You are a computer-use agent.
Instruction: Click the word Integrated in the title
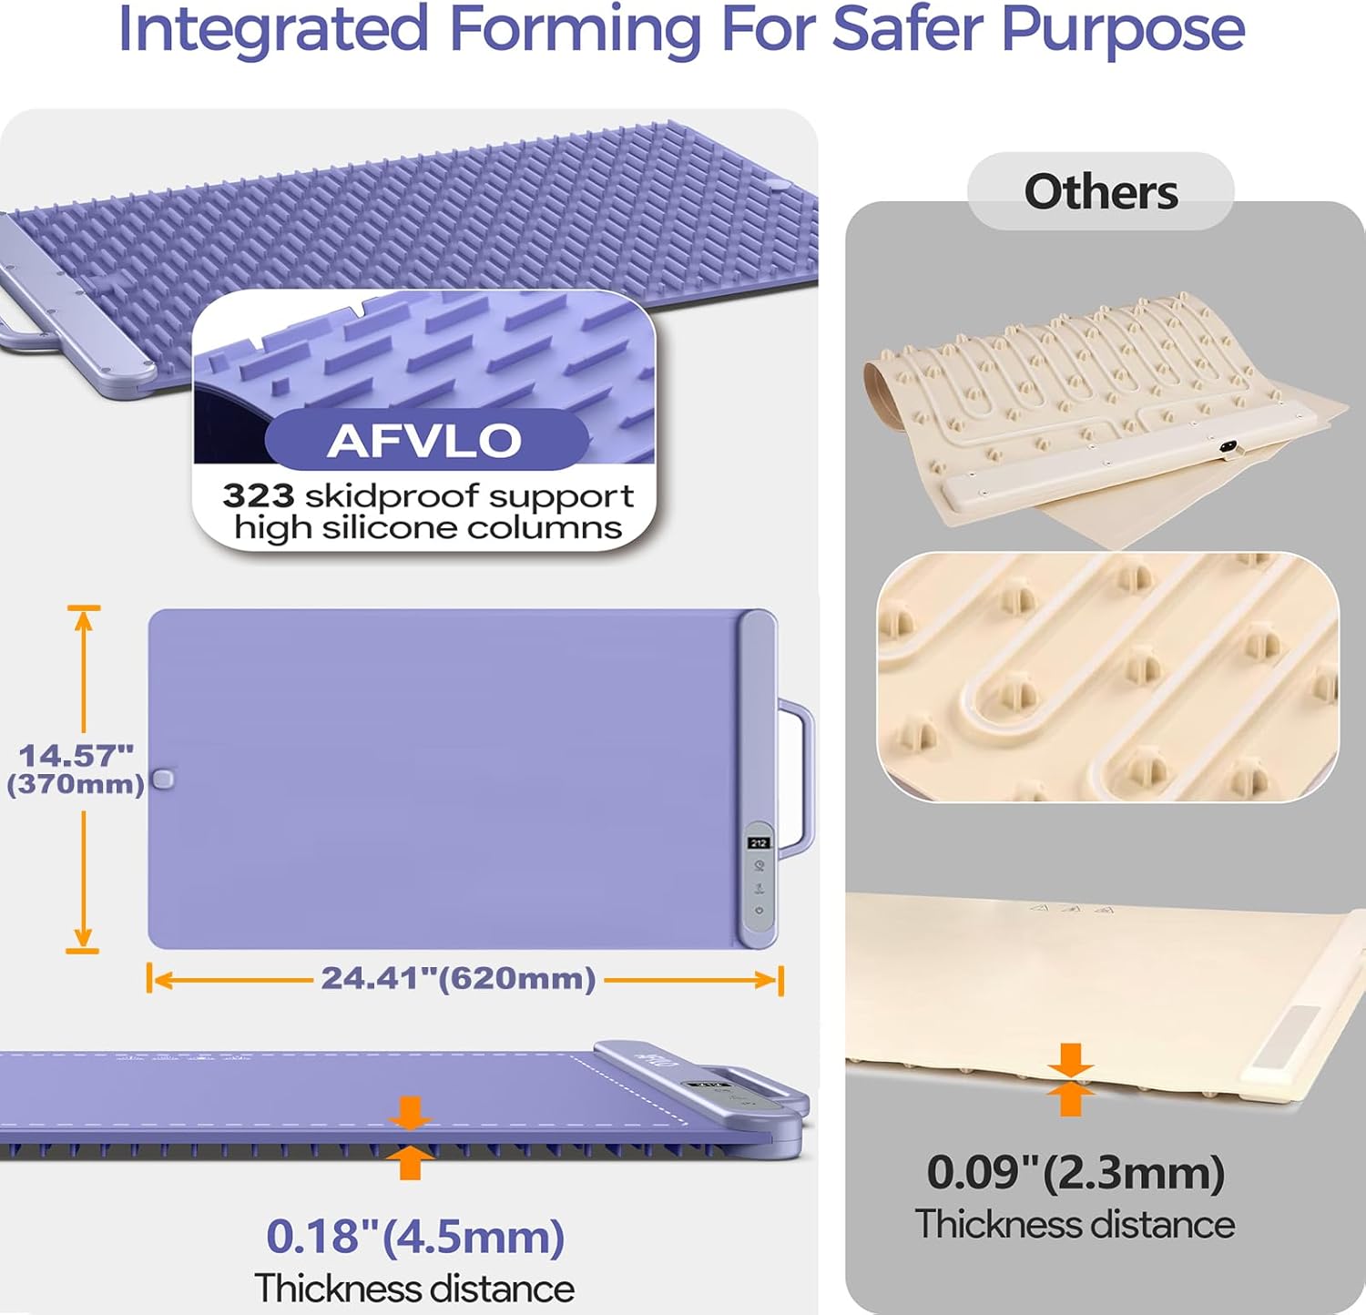[x=273, y=29]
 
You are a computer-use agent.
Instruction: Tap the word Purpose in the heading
[x=1123, y=29]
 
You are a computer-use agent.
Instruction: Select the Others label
[x=1101, y=192]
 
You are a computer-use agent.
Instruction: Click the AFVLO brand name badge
[x=425, y=440]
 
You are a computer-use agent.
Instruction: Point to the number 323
[x=259, y=495]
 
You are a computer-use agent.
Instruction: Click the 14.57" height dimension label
[x=76, y=755]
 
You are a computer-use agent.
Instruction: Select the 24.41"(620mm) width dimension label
[x=458, y=978]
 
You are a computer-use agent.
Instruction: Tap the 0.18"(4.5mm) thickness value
[x=415, y=1237]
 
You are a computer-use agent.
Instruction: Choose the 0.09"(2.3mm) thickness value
[x=1075, y=1172]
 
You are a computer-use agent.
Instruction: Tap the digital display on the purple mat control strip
[x=759, y=843]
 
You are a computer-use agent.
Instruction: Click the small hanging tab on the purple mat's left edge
[x=163, y=780]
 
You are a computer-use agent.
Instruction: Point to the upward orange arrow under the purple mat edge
[x=410, y=1162]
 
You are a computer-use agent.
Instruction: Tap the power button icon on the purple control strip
[x=759, y=910]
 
